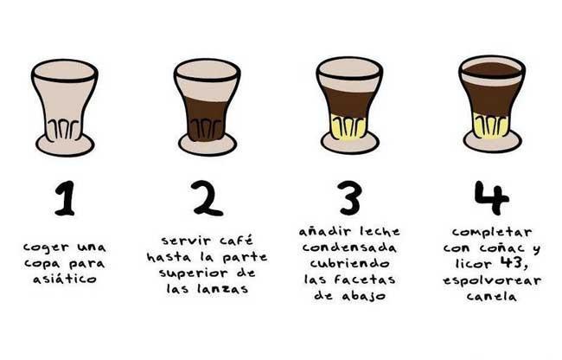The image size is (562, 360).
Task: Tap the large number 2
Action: (x=207, y=198)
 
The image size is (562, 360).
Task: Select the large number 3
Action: (x=348, y=198)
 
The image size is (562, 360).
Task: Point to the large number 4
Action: (x=491, y=198)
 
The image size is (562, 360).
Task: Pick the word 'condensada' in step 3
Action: (x=349, y=247)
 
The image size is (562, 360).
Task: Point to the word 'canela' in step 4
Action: (x=491, y=297)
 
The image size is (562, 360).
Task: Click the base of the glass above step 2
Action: (x=207, y=144)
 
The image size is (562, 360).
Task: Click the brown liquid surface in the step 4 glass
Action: (x=491, y=69)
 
